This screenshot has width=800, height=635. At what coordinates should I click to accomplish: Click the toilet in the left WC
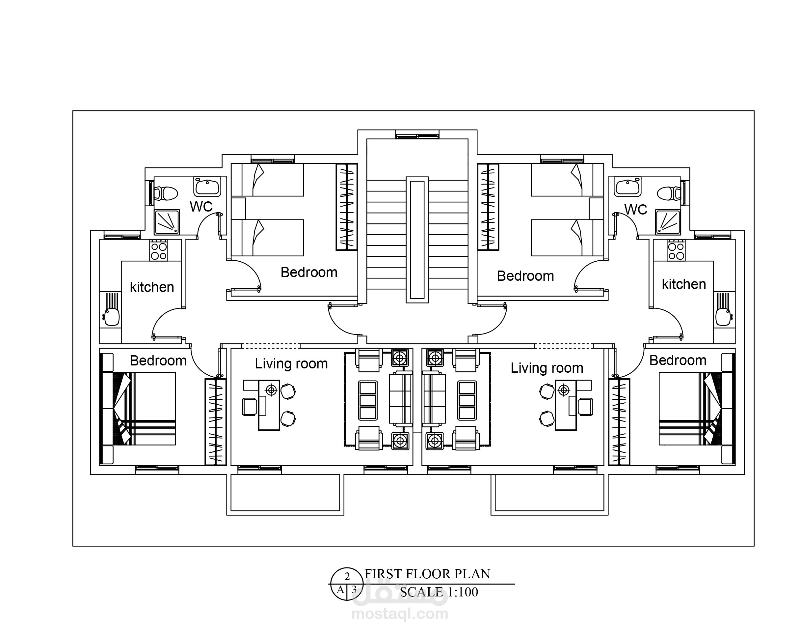[x=166, y=193]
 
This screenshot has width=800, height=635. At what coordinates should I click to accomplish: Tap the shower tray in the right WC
[x=668, y=222]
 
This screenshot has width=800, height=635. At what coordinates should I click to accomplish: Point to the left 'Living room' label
[x=291, y=364]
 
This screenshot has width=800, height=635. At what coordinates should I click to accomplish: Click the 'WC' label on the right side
[x=636, y=210]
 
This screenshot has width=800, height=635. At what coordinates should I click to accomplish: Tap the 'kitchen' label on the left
[x=152, y=287]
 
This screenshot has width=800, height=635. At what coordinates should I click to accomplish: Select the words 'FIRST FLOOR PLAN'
[x=427, y=574]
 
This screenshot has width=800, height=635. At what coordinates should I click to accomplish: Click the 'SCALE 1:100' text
[x=439, y=592]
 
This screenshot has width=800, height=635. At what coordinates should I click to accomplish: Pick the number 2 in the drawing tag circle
[x=347, y=577]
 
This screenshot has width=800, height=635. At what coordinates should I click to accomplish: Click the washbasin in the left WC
[x=207, y=187]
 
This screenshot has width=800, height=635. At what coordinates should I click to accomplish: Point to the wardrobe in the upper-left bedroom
[x=347, y=207]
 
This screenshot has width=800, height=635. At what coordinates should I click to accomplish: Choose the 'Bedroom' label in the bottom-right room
[x=678, y=361]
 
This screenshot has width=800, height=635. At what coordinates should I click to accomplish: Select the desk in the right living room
[x=566, y=405]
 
